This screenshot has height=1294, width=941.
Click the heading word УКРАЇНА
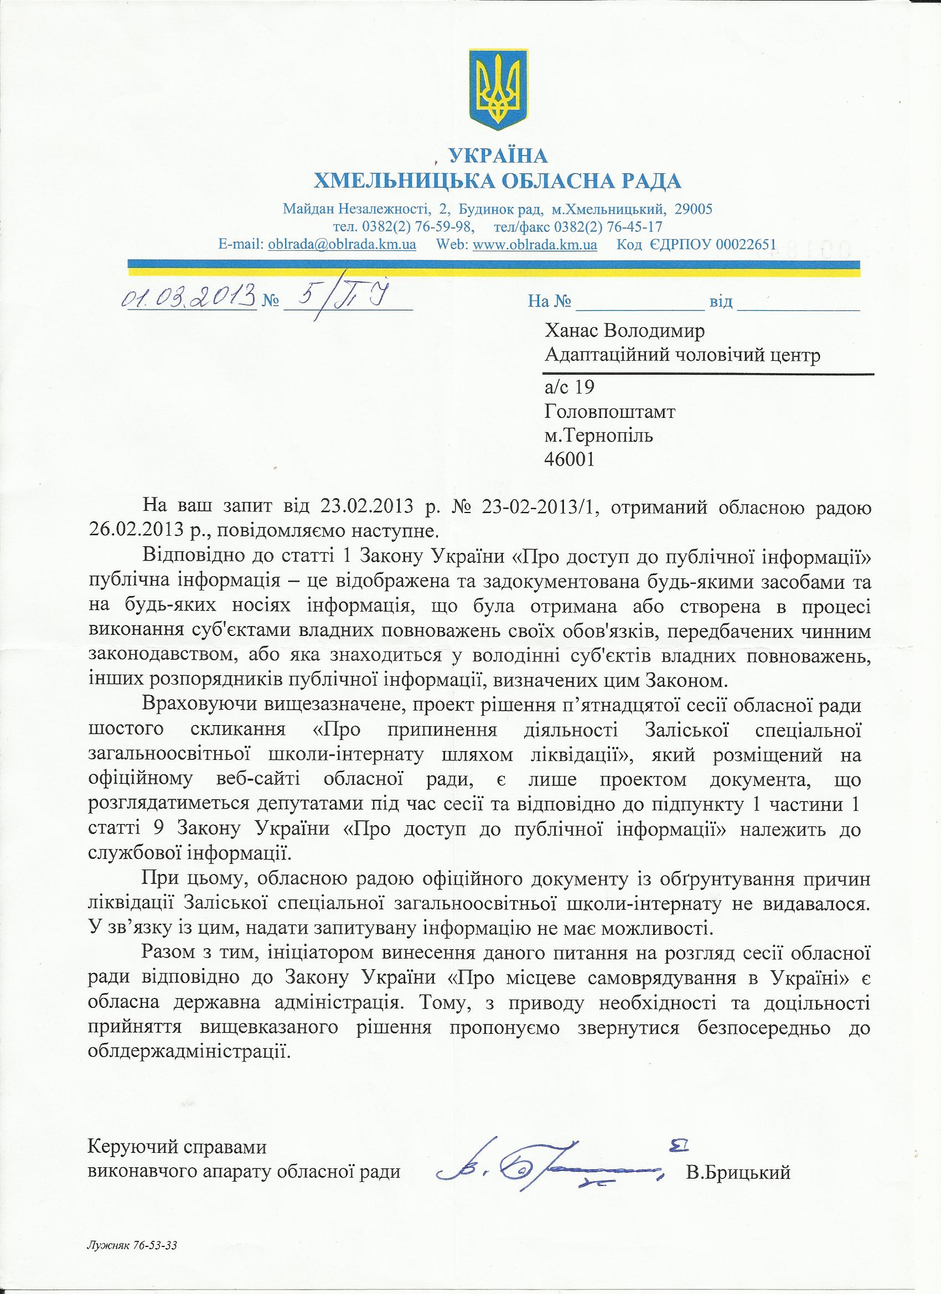(x=497, y=154)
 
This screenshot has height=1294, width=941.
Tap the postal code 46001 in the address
(x=570, y=459)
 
